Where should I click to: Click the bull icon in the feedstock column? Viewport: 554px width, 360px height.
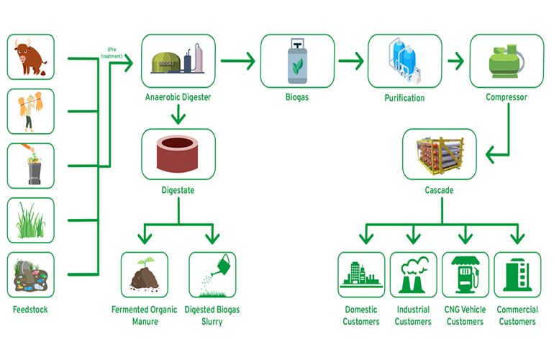[x=31, y=57]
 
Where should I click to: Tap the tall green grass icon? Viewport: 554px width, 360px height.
[x=31, y=220]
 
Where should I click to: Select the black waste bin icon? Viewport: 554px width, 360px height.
[x=31, y=166]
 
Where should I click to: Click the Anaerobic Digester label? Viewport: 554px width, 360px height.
[x=177, y=97]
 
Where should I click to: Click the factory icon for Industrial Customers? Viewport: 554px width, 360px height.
[x=413, y=274]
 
